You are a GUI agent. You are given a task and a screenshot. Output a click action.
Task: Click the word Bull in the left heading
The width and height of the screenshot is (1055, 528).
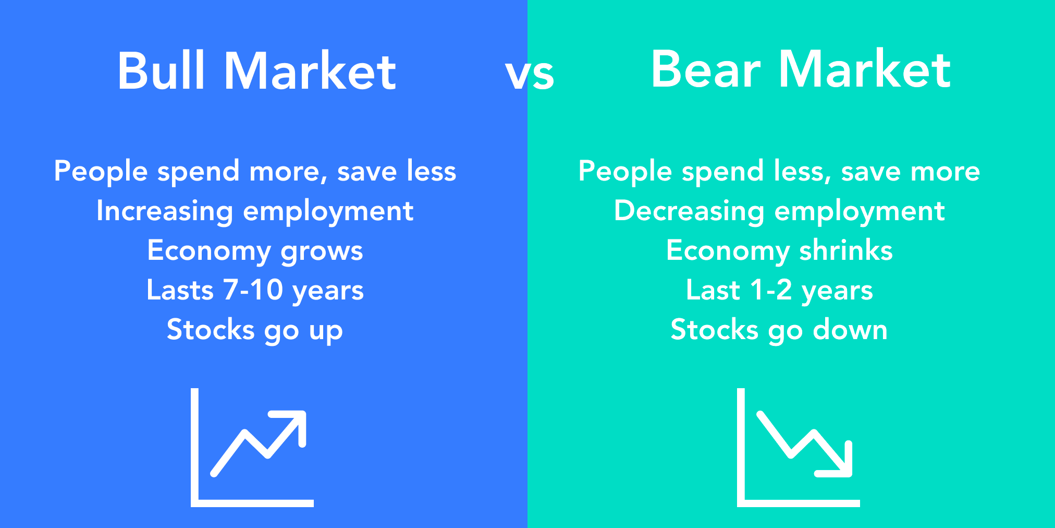point(161,71)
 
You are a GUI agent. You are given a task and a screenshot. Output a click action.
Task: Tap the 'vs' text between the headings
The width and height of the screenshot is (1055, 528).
point(530,75)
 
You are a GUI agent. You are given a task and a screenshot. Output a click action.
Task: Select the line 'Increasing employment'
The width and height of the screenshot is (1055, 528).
point(255,212)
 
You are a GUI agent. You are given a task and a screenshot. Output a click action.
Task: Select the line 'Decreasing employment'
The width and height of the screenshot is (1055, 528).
point(779,212)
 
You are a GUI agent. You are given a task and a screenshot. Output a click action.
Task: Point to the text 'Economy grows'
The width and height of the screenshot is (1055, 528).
point(255,251)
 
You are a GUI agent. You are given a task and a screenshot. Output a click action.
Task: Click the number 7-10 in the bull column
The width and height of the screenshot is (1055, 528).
point(253,290)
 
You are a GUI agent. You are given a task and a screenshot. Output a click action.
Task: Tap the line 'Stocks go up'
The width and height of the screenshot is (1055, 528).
point(255,331)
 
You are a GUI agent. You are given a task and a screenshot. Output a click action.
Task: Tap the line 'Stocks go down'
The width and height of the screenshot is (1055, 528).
point(779,330)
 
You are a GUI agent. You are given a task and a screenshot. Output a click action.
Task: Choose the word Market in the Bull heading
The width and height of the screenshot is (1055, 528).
point(310,71)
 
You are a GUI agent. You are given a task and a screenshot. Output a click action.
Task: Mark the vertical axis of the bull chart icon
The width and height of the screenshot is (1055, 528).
point(194,447)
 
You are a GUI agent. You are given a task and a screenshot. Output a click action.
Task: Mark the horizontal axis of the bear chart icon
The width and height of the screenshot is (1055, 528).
point(799,503)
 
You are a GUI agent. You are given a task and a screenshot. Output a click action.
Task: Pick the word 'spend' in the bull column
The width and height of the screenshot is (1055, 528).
point(199,172)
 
